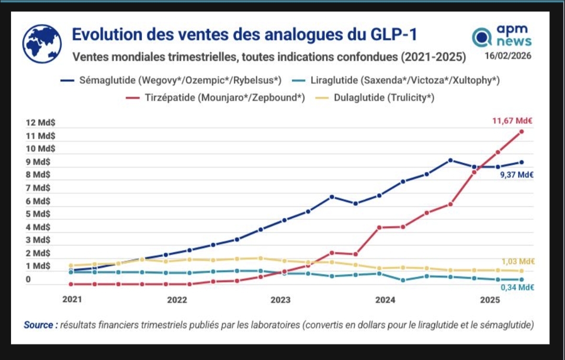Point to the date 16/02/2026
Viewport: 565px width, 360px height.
(x=508, y=56)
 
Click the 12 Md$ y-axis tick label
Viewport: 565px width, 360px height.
(x=41, y=123)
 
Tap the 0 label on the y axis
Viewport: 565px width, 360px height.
(x=28, y=279)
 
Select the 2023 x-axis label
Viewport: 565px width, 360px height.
(x=280, y=300)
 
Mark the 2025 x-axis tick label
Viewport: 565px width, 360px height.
(x=490, y=300)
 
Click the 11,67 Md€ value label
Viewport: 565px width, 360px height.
(x=513, y=121)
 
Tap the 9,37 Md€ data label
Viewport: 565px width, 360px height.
(x=516, y=175)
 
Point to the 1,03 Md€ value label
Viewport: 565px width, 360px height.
(x=517, y=262)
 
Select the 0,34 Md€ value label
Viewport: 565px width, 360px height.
(x=517, y=287)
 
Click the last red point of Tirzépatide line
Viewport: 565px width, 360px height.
(x=522, y=131)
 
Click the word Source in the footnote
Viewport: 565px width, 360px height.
(x=39, y=325)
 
